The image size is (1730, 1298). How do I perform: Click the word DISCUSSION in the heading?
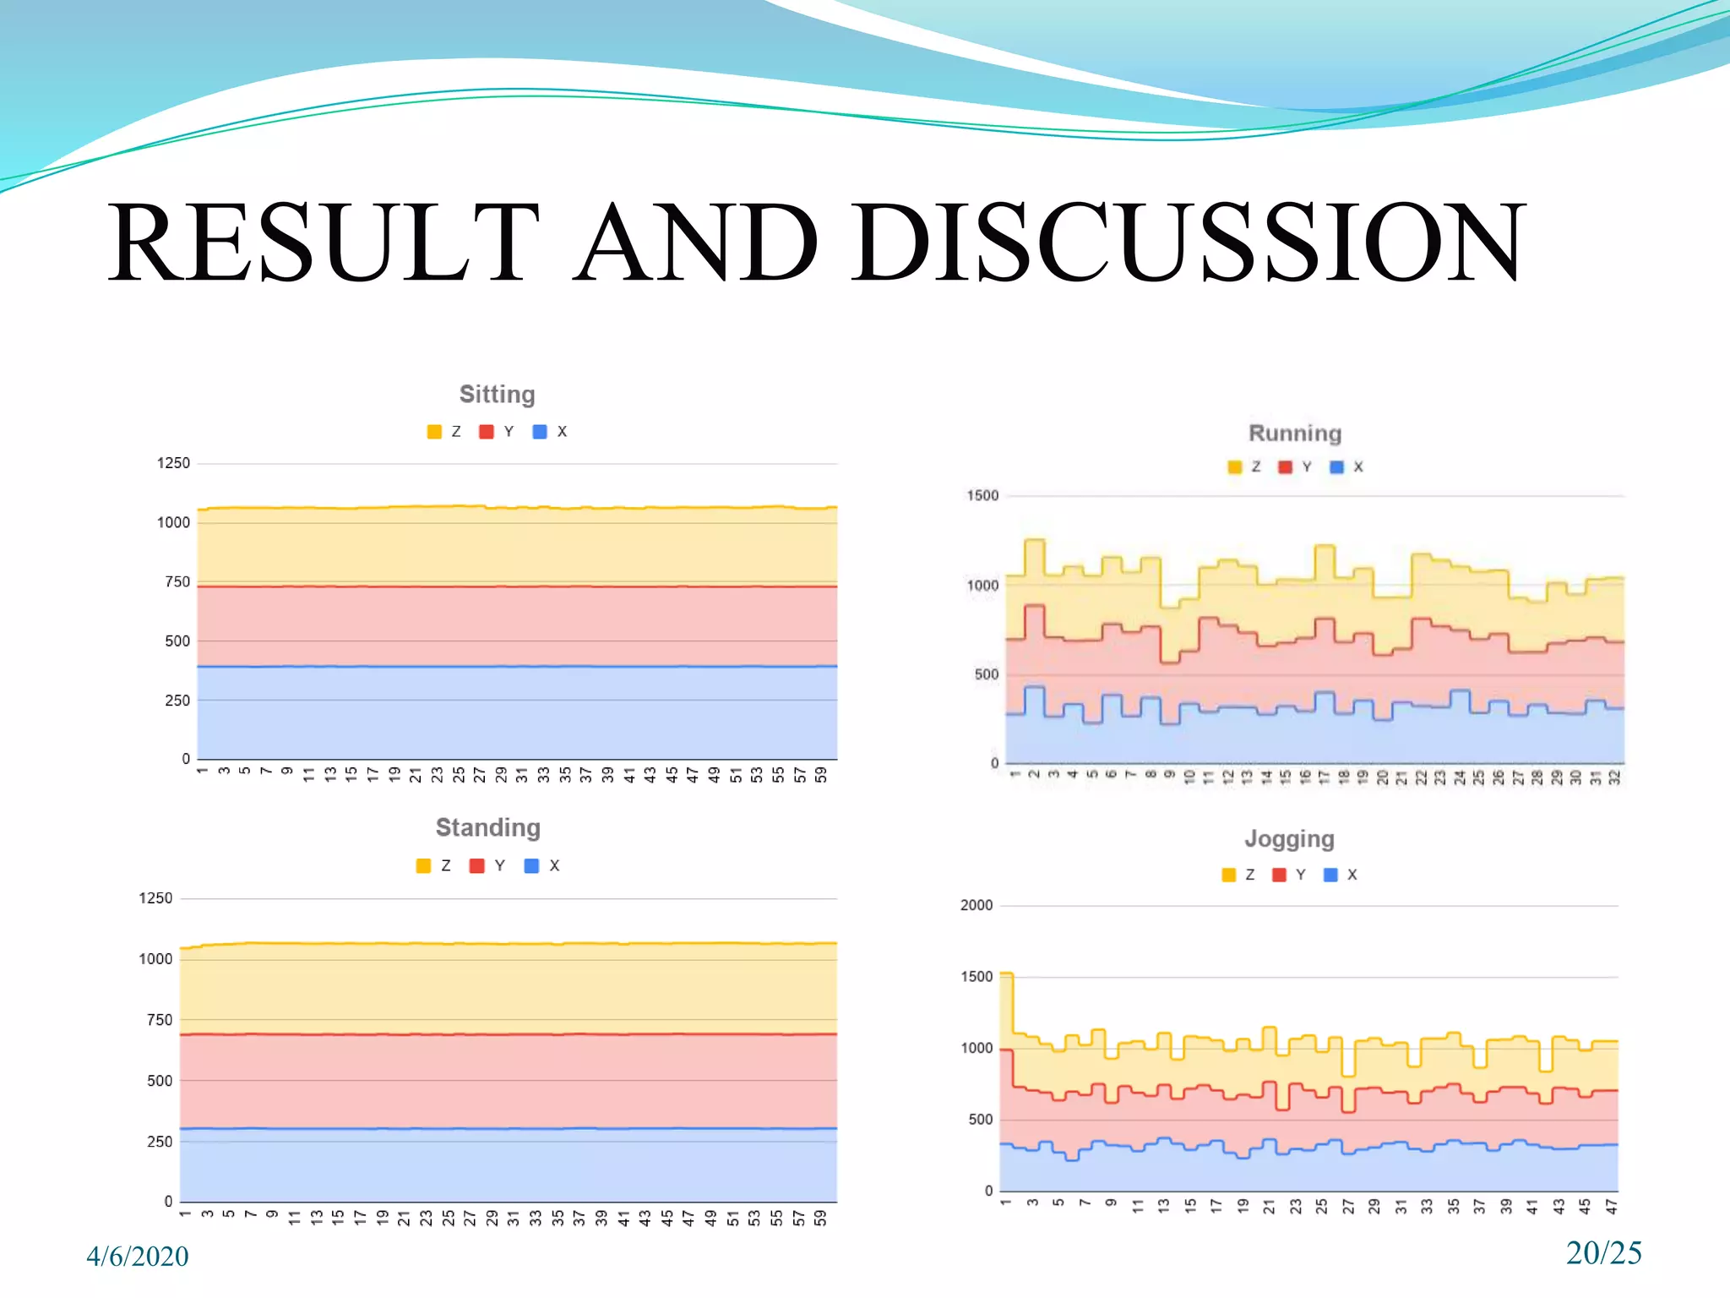point(1188,243)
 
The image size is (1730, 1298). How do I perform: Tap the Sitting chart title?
point(497,395)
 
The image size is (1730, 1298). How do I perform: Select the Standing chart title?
point(487,827)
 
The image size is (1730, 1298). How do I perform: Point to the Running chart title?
point(1294,434)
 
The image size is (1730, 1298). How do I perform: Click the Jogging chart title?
point(1289,839)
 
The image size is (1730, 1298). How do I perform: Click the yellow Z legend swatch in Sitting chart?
point(434,432)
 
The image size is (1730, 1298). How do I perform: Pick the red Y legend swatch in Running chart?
point(1285,467)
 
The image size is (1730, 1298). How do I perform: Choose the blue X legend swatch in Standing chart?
point(531,866)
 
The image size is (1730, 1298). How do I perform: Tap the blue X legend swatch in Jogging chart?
point(1330,875)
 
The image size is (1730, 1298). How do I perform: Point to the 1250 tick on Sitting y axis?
point(173,463)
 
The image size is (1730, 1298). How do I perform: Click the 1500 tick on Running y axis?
point(982,496)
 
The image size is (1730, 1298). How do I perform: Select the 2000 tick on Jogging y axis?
point(976,906)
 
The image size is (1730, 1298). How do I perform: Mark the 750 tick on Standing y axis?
point(159,1020)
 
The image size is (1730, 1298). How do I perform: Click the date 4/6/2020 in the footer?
point(137,1257)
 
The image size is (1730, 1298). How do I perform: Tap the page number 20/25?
point(1603,1252)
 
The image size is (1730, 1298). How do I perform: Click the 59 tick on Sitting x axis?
point(821,775)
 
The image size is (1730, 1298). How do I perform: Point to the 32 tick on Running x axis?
point(1614,778)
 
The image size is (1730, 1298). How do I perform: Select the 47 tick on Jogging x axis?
point(1611,1206)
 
